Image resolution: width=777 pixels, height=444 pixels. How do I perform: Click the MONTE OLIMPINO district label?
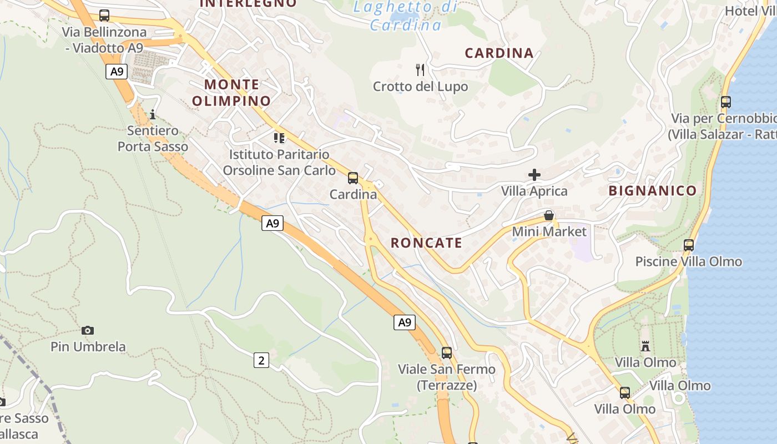(x=231, y=93)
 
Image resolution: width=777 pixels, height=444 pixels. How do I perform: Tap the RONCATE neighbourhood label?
(x=426, y=243)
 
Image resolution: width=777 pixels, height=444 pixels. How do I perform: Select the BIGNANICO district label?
(x=652, y=191)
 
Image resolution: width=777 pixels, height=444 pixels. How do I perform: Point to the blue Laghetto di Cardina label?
(x=406, y=16)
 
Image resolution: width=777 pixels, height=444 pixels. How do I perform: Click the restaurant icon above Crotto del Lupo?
(x=420, y=70)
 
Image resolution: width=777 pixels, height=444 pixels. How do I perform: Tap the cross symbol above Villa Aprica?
(x=534, y=175)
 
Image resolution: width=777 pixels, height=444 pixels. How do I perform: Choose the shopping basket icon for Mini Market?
(x=549, y=215)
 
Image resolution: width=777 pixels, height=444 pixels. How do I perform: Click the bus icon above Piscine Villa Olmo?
(x=689, y=245)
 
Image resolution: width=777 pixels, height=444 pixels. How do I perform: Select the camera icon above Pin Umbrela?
(x=88, y=331)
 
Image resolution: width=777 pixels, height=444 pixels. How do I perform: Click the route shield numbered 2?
(x=261, y=360)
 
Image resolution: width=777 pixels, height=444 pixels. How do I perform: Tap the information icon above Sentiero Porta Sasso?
(x=153, y=115)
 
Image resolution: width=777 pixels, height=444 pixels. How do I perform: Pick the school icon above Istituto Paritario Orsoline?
(x=279, y=138)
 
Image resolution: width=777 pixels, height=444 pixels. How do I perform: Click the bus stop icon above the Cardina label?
(x=353, y=178)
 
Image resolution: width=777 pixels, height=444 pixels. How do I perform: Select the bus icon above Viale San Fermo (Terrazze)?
(x=447, y=353)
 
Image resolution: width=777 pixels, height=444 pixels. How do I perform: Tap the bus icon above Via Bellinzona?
(x=104, y=16)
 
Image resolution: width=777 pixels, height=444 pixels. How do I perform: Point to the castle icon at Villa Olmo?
(x=645, y=346)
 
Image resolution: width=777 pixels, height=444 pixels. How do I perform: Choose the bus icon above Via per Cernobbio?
(x=725, y=102)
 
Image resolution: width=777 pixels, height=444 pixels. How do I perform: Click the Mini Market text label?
(x=549, y=231)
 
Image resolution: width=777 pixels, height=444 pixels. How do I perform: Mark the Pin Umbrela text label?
(x=88, y=347)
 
